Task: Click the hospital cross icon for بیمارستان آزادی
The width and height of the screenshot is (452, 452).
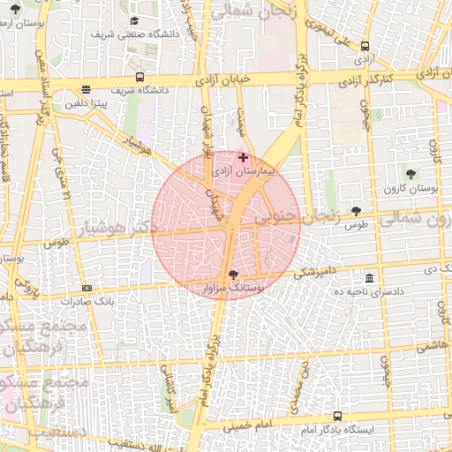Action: tap(244, 157)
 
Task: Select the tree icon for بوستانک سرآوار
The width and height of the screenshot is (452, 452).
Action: tap(233, 275)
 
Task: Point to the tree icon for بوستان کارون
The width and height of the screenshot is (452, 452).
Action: tap(411, 171)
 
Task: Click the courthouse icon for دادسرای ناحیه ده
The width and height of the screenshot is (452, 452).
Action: tap(369, 277)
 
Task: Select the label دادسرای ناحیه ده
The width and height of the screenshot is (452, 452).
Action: tap(380, 290)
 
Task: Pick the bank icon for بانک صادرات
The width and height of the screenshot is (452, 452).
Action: tap(87, 288)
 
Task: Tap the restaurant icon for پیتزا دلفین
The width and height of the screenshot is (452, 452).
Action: tap(86, 89)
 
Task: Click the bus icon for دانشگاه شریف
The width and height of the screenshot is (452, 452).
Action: tap(140, 76)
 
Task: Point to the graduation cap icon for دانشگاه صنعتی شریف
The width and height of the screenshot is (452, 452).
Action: tap(133, 20)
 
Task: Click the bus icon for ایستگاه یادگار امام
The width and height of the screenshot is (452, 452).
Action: tap(337, 416)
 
